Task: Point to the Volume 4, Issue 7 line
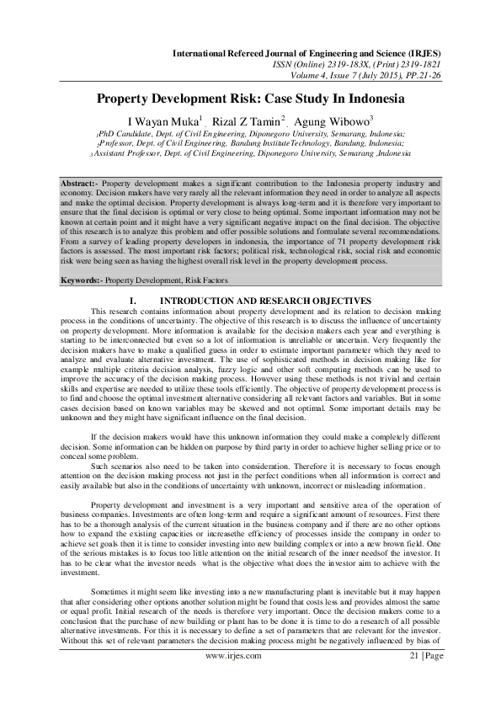(x=380, y=74)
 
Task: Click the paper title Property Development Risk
(x=250, y=99)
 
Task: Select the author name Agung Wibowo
(x=332, y=120)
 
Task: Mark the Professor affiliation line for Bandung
(x=250, y=144)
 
